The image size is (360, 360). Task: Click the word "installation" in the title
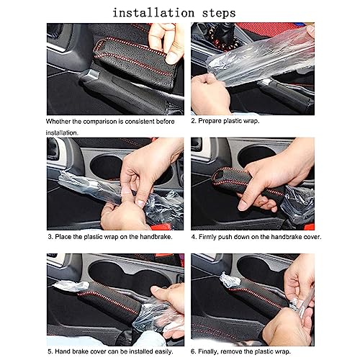click(x=153, y=13)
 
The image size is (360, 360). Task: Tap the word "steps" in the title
click(x=219, y=14)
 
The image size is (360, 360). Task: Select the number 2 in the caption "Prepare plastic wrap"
click(x=193, y=121)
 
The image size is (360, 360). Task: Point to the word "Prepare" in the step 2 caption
click(x=210, y=121)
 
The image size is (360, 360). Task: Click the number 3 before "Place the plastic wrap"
click(x=50, y=237)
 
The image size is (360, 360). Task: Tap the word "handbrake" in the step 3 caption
click(x=156, y=237)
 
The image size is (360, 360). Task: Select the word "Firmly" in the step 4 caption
click(x=207, y=237)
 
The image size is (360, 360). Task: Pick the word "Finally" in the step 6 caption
click(x=208, y=351)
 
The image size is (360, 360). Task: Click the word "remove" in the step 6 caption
click(x=231, y=352)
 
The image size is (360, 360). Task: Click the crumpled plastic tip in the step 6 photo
click(x=229, y=280)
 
